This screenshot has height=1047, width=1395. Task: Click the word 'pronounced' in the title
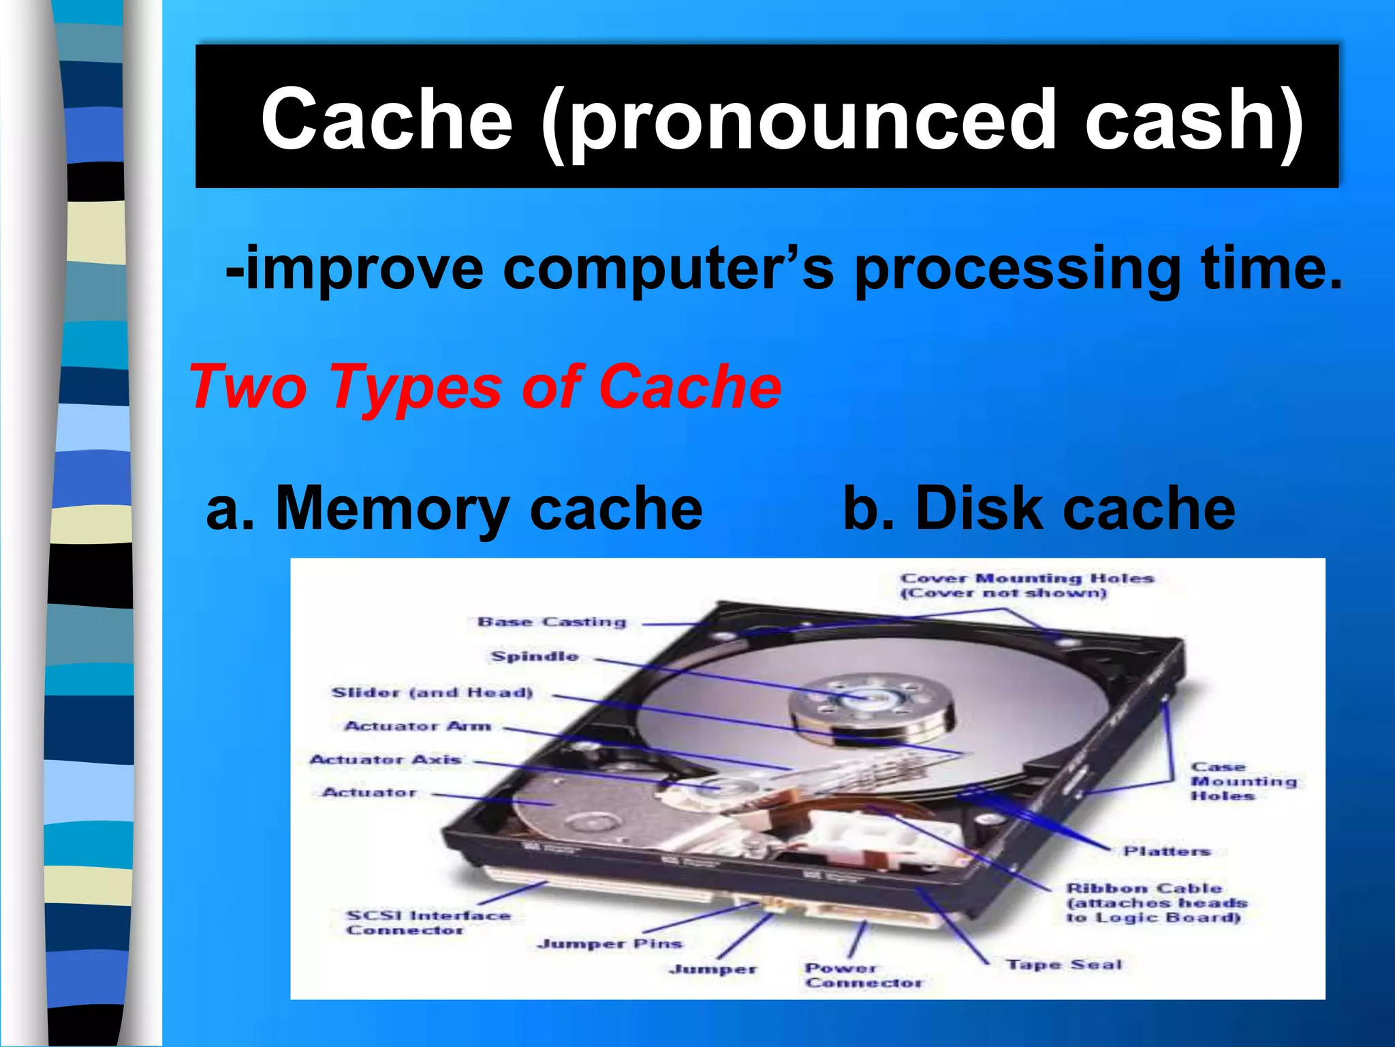811,121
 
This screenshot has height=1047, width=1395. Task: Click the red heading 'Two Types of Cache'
485,386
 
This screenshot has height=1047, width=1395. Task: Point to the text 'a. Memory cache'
454,508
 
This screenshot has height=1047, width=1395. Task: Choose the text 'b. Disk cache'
1039,508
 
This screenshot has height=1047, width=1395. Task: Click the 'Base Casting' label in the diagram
552,622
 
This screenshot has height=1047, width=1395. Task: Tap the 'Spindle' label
535,656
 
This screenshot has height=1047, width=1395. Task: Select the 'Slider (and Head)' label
432,693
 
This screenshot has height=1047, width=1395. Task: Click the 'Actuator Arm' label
418,726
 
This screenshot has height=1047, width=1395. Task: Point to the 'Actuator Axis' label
386,759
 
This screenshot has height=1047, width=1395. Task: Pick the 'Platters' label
1166,851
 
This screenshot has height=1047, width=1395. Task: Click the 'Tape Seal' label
1064,965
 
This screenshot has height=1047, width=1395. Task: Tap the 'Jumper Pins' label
610,944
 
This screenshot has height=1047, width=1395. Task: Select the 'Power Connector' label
863,975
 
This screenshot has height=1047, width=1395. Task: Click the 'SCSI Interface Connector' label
428,923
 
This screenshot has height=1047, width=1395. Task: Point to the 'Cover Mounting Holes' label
1026,586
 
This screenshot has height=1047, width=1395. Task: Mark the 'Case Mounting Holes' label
1243,781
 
